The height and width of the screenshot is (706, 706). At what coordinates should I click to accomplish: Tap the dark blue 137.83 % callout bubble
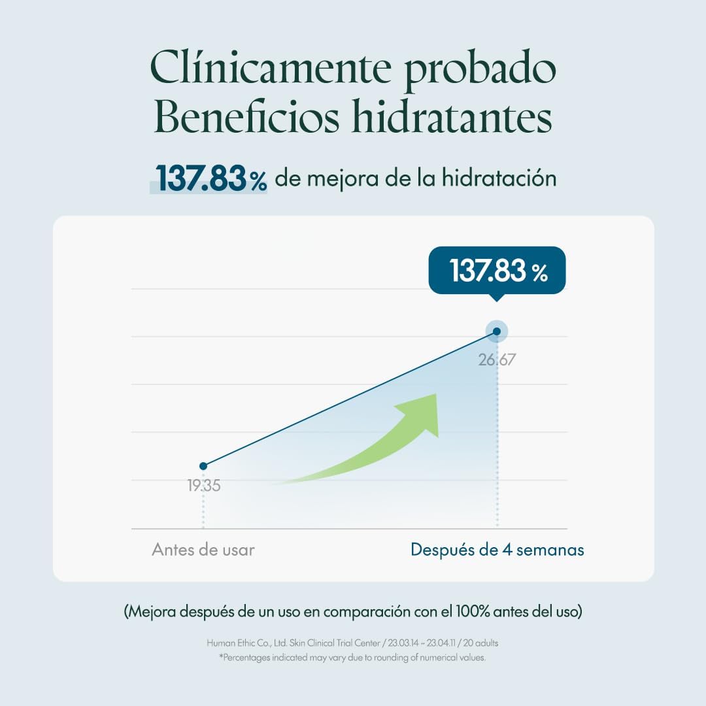[497, 271]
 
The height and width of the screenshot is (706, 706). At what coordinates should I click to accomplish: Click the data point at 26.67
[497, 331]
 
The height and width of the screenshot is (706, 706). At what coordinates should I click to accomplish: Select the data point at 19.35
[203, 466]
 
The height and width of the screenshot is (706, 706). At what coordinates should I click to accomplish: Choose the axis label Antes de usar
[203, 550]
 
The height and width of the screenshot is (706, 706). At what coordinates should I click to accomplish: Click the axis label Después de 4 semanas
[497, 550]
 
